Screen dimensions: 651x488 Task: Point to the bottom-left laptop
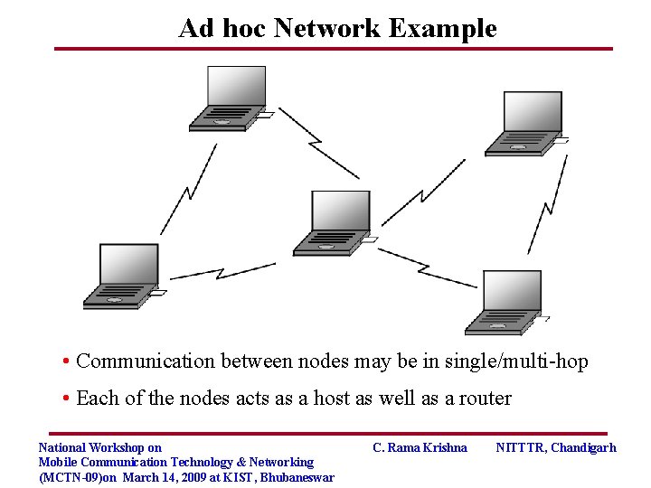point(122,276)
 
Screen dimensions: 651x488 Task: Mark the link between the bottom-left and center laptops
point(222,269)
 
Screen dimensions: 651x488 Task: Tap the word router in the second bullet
point(484,399)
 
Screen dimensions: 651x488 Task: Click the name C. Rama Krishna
point(420,447)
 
